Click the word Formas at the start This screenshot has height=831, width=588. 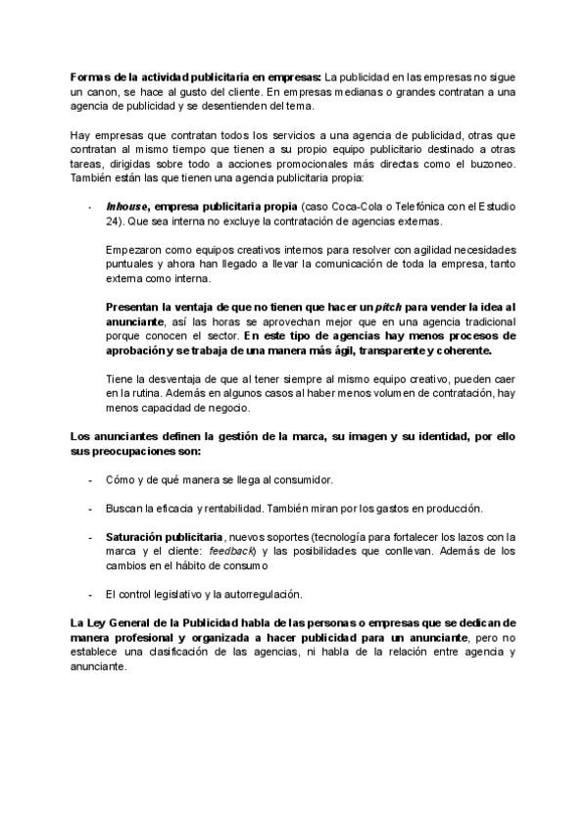click(87, 76)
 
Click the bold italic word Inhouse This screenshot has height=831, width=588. click(126, 208)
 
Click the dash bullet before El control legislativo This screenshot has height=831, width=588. click(89, 595)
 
